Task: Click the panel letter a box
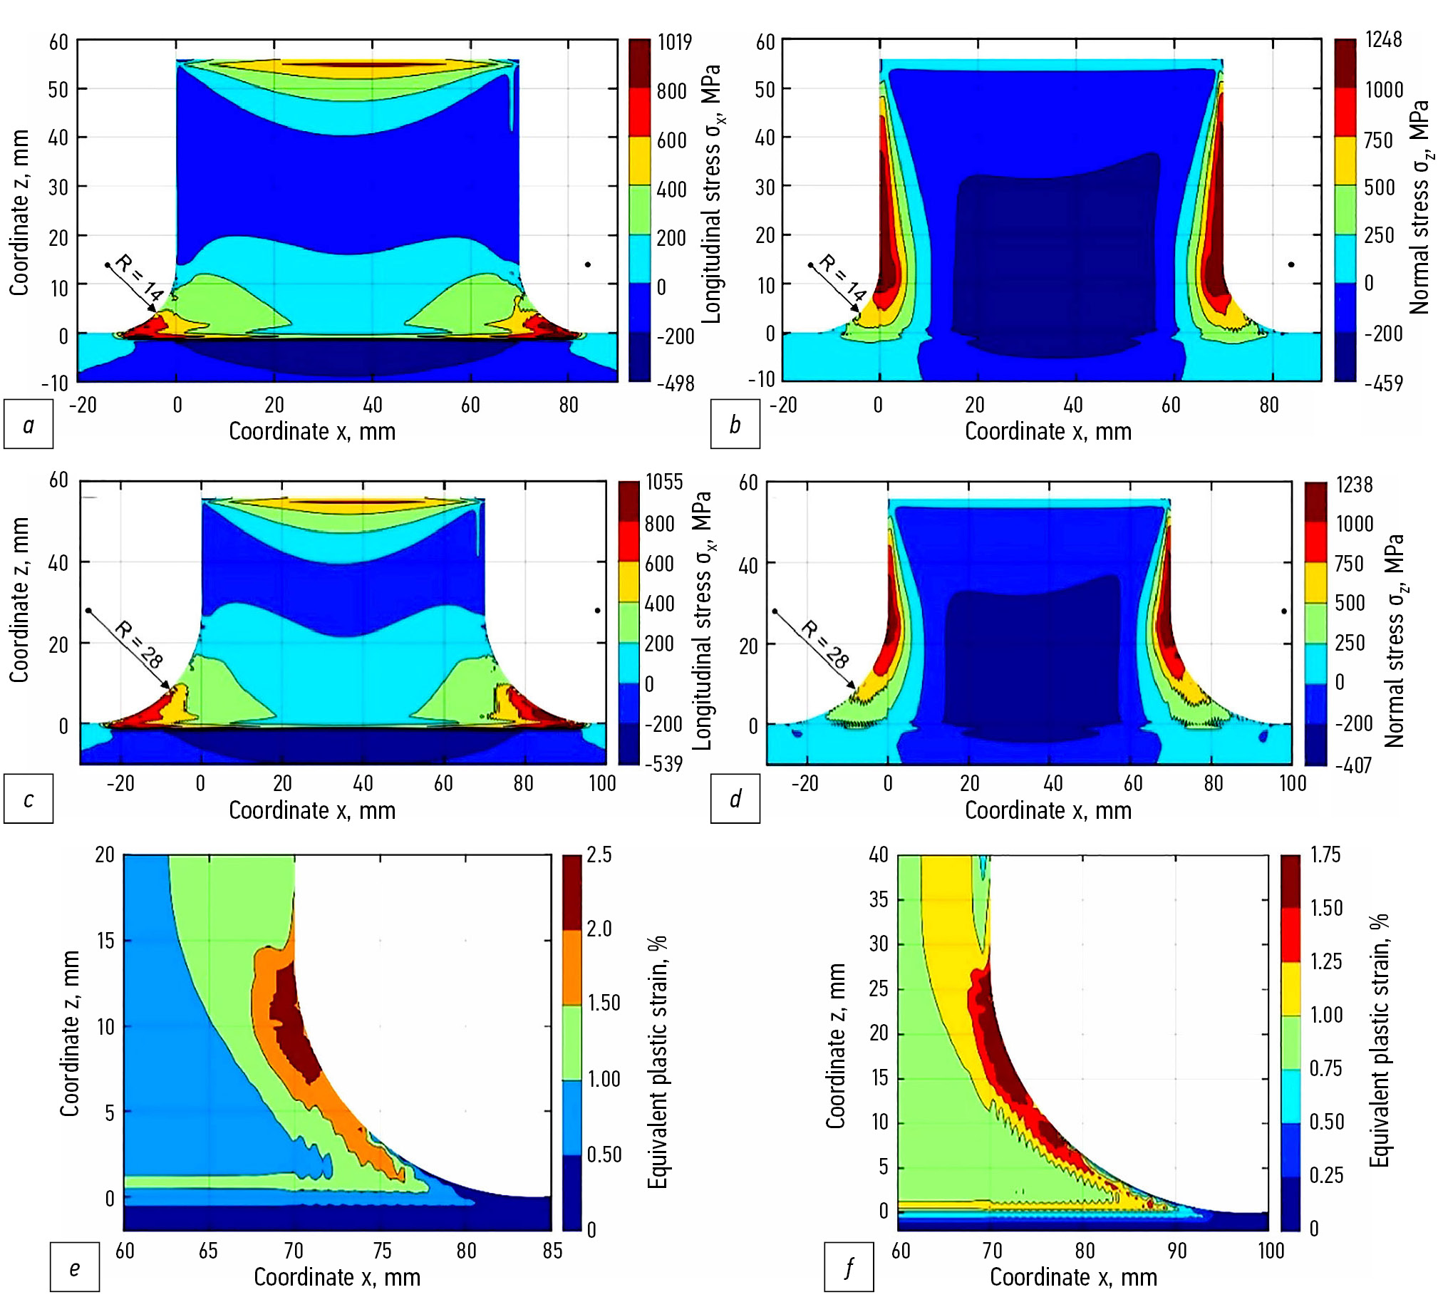click(x=29, y=425)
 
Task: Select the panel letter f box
click(x=848, y=1269)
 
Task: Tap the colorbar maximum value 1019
click(x=674, y=42)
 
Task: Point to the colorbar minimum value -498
click(x=675, y=383)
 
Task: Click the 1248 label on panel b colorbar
click(x=1383, y=40)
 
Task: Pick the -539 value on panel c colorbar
click(x=663, y=764)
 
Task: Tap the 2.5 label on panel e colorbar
click(x=599, y=854)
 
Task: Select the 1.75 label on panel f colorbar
click(x=1325, y=854)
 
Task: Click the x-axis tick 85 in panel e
click(x=552, y=1251)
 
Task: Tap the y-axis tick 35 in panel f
click(x=878, y=900)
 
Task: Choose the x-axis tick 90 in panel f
click(x=1176, y=1251)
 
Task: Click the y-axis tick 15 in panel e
click(x=105, y=941)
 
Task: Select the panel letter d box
click(x=735, y=799)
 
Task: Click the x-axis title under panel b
click(x=1048, y=432)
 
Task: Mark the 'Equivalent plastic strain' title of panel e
click(x=657, y=1063)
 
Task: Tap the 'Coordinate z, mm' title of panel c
click(x=19, y=599)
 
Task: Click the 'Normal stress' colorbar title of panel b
click(x=1419, y=207)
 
